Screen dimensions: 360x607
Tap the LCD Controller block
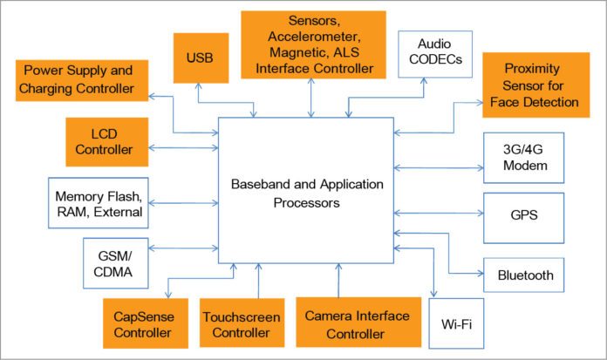102,143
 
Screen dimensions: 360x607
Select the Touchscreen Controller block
241,323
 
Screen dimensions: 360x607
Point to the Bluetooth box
525,275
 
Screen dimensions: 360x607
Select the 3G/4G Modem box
525,158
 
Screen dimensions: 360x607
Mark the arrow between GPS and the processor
439,214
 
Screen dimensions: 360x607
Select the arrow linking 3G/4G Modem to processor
439,166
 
